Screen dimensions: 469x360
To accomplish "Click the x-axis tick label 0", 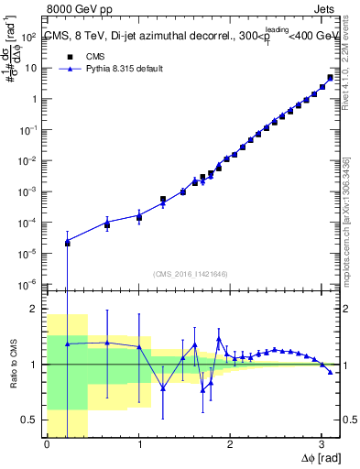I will click(x=47, y=445).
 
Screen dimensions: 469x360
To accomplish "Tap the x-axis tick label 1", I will click(x=138, y=445).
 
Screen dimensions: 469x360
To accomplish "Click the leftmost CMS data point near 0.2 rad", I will click(x=67, y=243).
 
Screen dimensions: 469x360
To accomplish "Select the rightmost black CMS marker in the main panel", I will click(x=330, y=77).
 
